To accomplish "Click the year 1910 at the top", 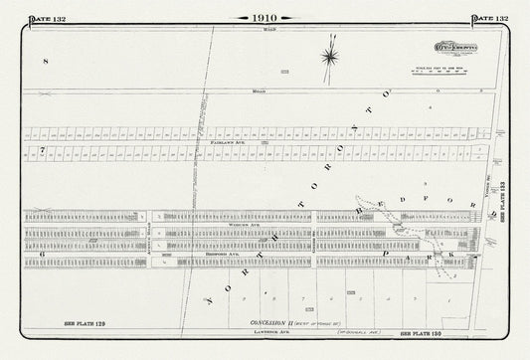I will (265, 17).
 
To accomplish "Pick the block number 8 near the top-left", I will (46, 62).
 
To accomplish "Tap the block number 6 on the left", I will (43, 255).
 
